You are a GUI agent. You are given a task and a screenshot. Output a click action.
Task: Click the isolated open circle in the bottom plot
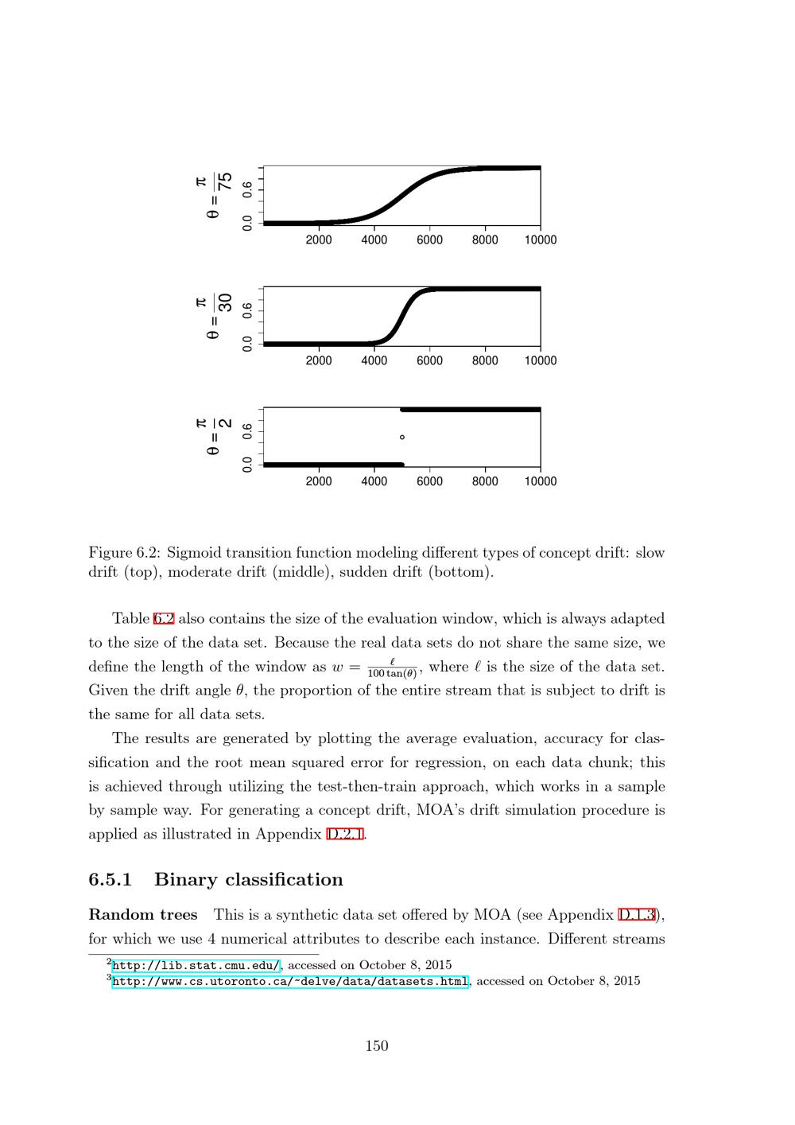click(x=402, y=437)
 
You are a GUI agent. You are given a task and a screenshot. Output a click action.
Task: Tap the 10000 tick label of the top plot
click(x=540, y=240)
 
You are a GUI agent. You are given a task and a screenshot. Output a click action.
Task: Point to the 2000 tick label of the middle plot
click(x=319, y=361)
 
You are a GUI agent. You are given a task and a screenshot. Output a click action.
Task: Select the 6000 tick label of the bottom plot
click(x=429, y=481)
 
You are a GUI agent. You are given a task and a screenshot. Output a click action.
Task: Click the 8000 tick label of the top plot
click(x=485, y=240)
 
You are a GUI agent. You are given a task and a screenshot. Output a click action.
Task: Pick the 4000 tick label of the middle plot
click(x=374, y=361)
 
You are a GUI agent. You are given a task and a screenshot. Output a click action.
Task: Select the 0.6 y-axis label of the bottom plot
click(x=248, y=430)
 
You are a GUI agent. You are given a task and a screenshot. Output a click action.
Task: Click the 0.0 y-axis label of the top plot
click(x=248, y=223)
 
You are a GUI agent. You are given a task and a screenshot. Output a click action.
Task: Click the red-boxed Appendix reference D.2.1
click(x=345, y=835)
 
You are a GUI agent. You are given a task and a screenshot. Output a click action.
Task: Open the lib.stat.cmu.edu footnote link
click(x=196, y=966)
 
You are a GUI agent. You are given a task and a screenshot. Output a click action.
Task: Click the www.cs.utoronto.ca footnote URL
click(x=290, y=982)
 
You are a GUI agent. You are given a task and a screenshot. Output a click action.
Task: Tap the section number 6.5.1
click(x=111, y=880)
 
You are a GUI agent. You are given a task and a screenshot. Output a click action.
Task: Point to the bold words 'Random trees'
click(x=143, y=915)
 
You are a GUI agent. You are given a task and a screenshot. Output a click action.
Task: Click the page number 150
click(x=377, y=1046)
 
